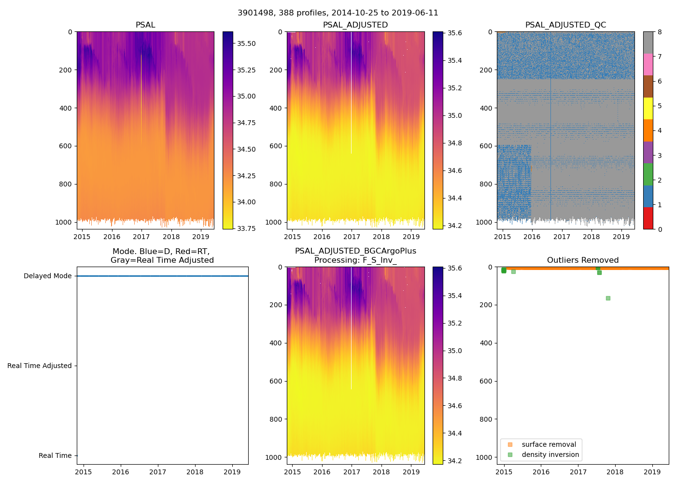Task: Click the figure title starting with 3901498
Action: click(338, 13)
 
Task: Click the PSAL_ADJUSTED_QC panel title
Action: click(565, 25)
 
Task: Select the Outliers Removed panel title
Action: click(582, 260)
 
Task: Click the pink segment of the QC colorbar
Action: click(648, 64)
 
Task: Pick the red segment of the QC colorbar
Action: click(648, 218)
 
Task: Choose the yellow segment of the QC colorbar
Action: click(648, 108)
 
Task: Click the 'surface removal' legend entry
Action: click(549, 444)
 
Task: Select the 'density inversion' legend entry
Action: click(550, 455)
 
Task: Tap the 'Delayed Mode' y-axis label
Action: click(47, 276)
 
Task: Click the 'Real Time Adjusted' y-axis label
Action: click(39, 366)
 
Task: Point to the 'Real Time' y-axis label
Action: click(55, 455)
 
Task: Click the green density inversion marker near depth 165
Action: click(608, 298)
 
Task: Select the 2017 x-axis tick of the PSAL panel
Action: click(141, 237)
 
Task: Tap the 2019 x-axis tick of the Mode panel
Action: click(232, 472)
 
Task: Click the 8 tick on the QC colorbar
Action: click(660, 32)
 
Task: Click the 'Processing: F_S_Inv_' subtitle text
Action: click(355, 260)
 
